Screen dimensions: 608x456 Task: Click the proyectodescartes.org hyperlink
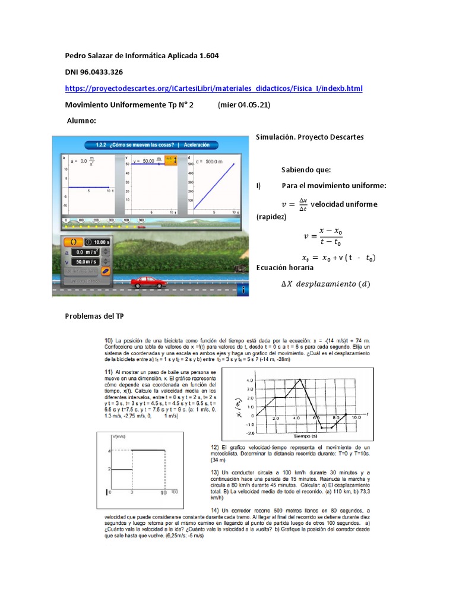213,88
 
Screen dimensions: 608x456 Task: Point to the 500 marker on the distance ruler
140,220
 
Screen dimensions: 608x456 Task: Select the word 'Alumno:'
82,121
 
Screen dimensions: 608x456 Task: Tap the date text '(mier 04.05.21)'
244,104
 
